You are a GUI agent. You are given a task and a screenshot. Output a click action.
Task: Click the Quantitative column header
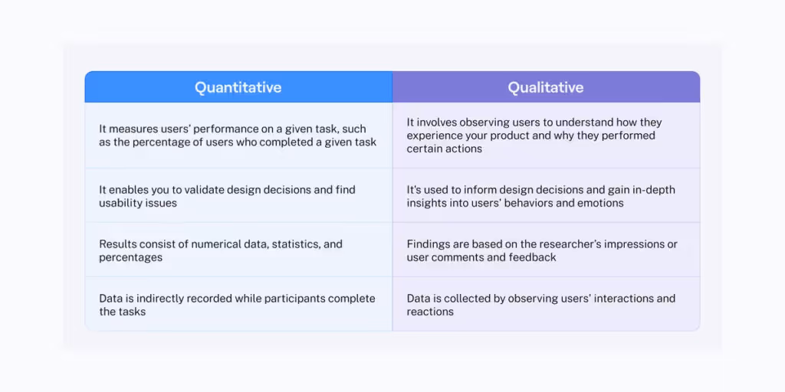click(x=238, y=87)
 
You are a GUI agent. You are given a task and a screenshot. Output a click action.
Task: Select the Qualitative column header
click(x=545, y=87)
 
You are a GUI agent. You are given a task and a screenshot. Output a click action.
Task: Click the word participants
click(x=291, y=299)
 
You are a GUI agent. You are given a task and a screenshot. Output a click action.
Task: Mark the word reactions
click(x=430, y=312)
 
